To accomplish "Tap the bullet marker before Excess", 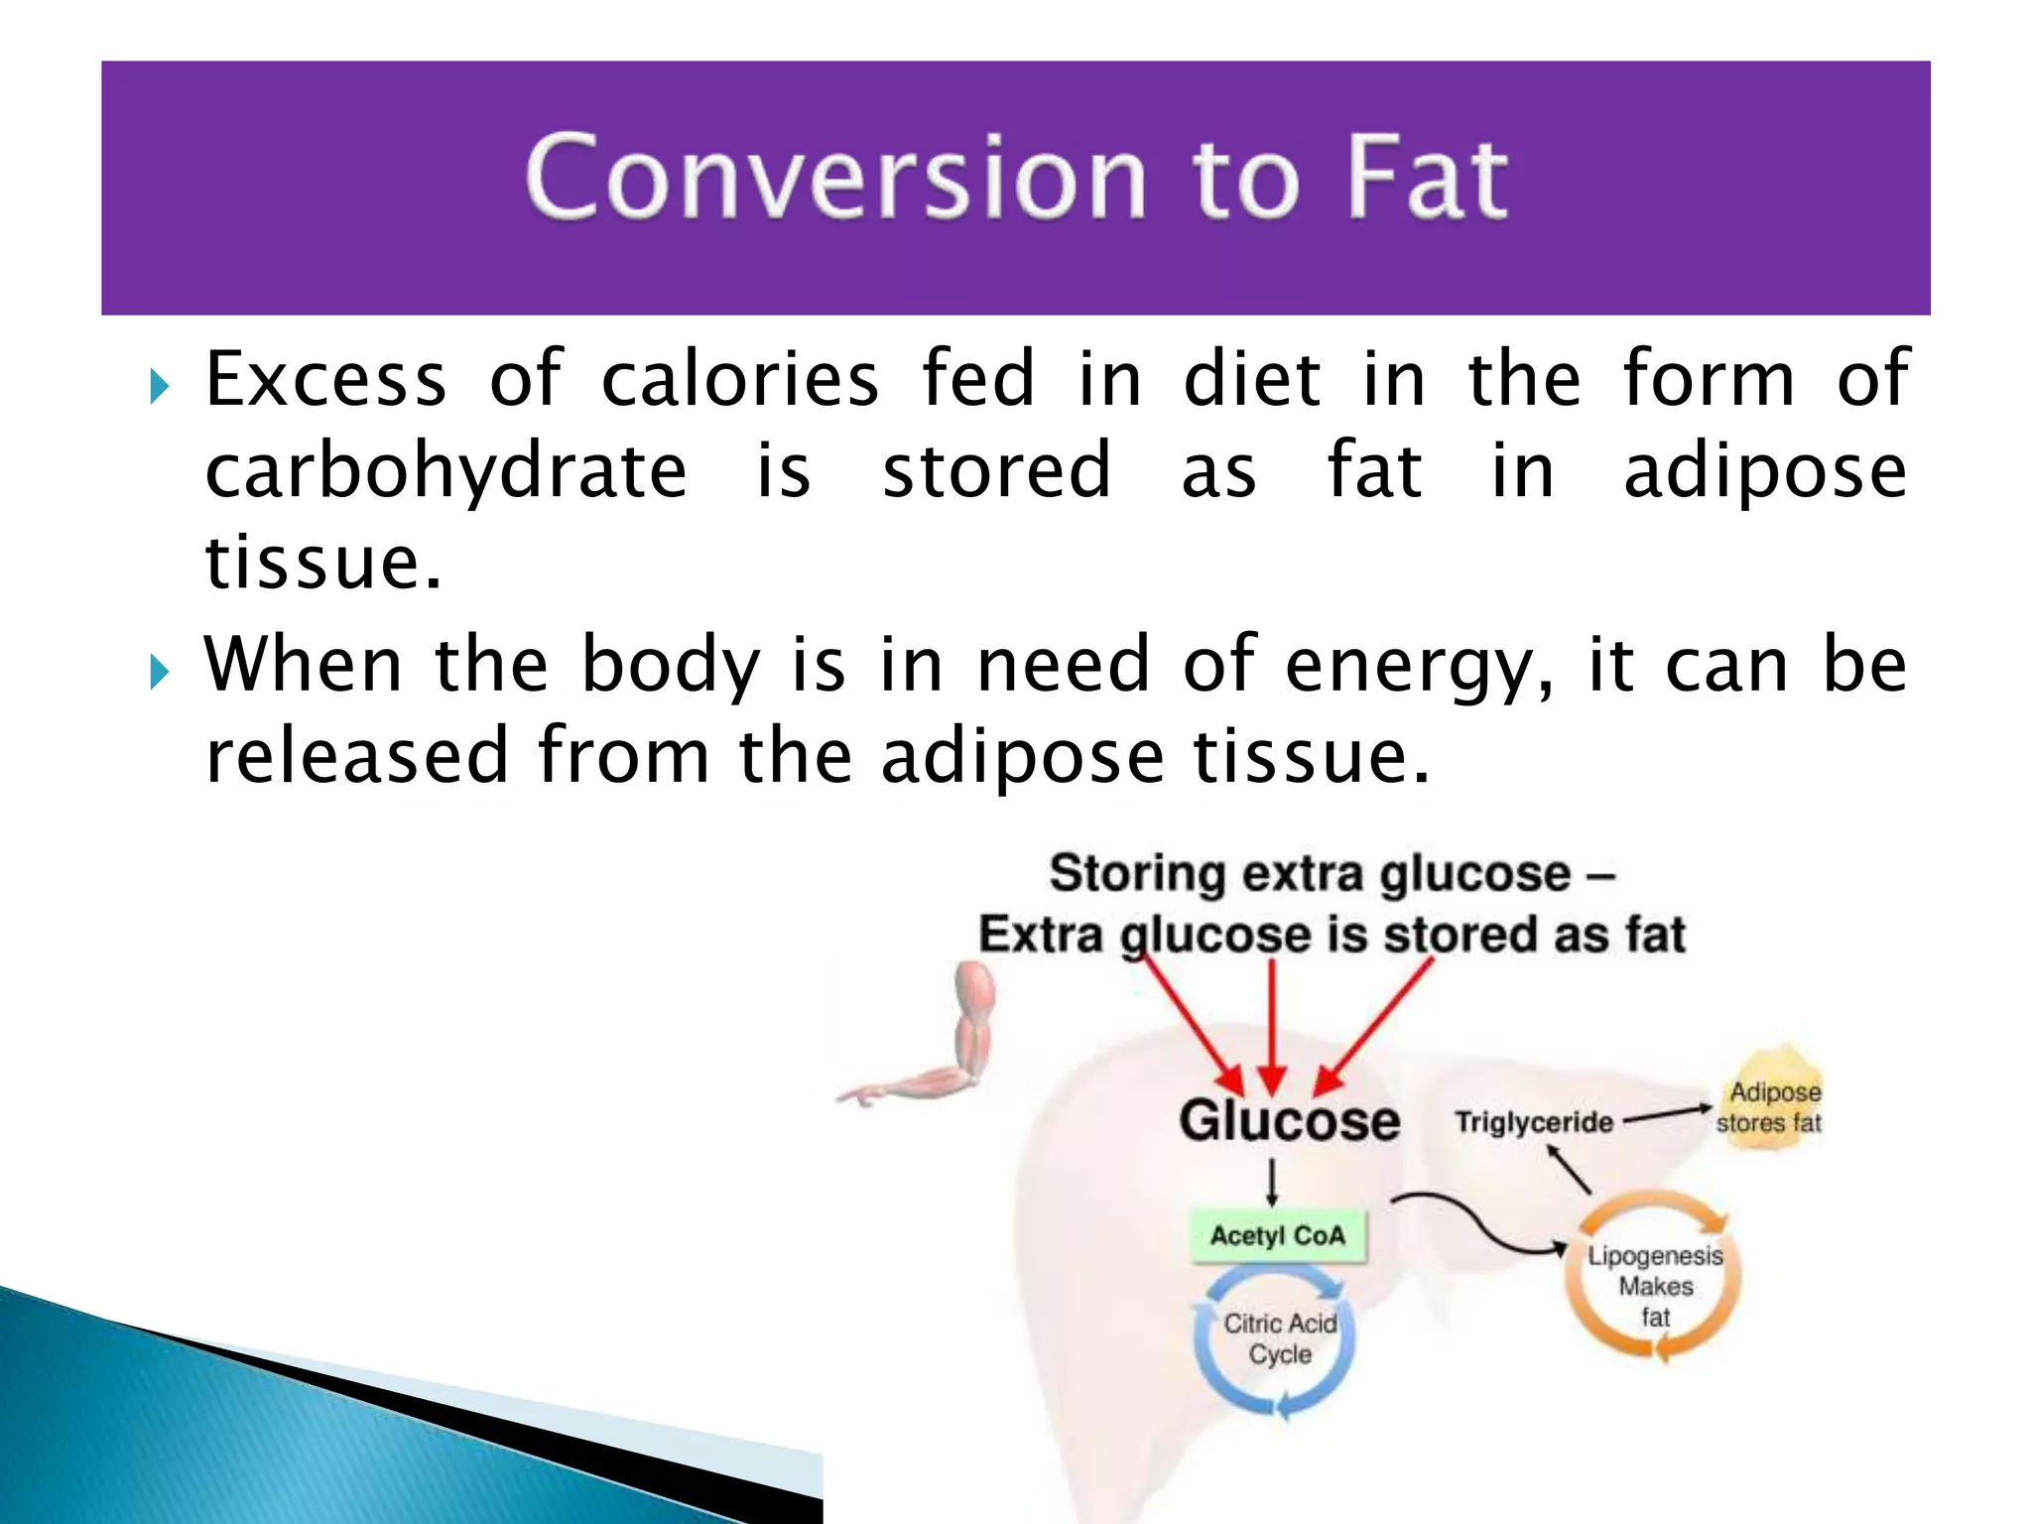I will (159, 386).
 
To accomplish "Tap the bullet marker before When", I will (159, 672).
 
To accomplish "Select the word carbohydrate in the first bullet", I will (445, 471).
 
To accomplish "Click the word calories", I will (739, 380).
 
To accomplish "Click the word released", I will (357, 757).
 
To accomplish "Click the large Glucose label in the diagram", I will (1289, 1122).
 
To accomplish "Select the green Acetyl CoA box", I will (1278, 1236).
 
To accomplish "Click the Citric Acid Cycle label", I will (1280, 1338).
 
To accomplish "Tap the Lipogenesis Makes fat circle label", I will (1655, 1286).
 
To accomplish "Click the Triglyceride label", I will (1534, 1123).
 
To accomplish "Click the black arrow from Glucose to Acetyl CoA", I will (1272, 1183).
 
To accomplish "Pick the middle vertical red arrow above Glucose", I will (1272, 1027).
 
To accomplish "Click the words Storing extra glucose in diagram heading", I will (1310, 874).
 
